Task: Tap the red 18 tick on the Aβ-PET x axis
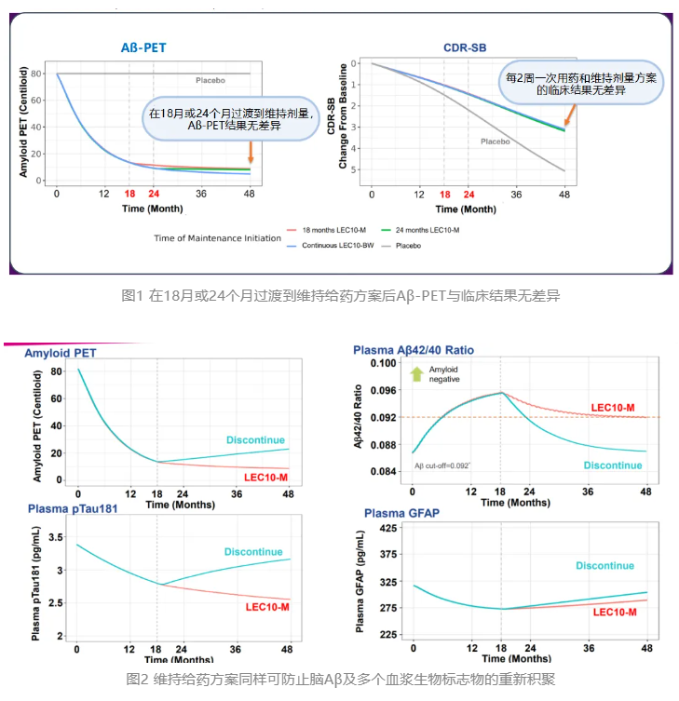click(129, 194)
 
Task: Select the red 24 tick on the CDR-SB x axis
click(468, 194)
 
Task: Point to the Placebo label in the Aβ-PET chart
click(211, 80)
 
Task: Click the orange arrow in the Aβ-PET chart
click(250, 151)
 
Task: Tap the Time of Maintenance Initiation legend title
click(217, 237)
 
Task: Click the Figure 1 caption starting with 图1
click(340, 295)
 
